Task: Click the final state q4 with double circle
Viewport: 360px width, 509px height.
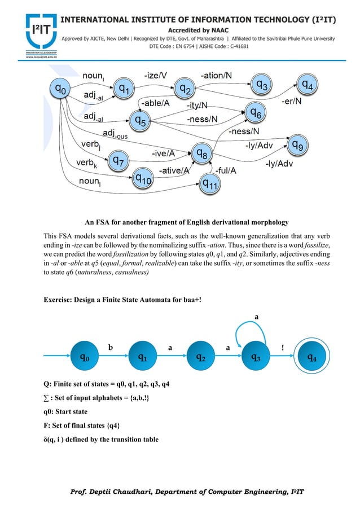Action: [311, 357]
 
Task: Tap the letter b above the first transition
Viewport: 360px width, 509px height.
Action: [111, 348]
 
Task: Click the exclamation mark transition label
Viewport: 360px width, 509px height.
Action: [283, 348]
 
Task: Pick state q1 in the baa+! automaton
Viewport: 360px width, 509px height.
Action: [144, 357]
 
